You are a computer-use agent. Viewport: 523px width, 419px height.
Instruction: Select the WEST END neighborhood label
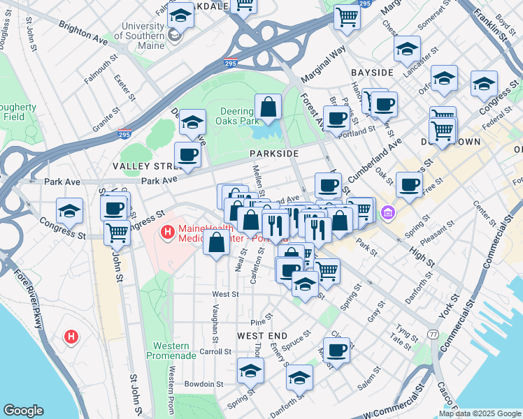(x=259, y=336)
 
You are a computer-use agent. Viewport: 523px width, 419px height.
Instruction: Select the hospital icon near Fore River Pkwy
(x=71, y=337)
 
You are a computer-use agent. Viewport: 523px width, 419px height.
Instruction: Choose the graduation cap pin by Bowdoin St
(x=250, y=371)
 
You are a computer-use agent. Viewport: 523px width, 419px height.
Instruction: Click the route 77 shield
(x=434, y=335)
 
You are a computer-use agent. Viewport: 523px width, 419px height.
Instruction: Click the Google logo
(x=24, y=411)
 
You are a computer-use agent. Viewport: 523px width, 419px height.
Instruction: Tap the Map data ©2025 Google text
(x=480, y=413)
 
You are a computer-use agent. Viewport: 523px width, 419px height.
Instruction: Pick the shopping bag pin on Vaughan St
(x=217, y=244)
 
